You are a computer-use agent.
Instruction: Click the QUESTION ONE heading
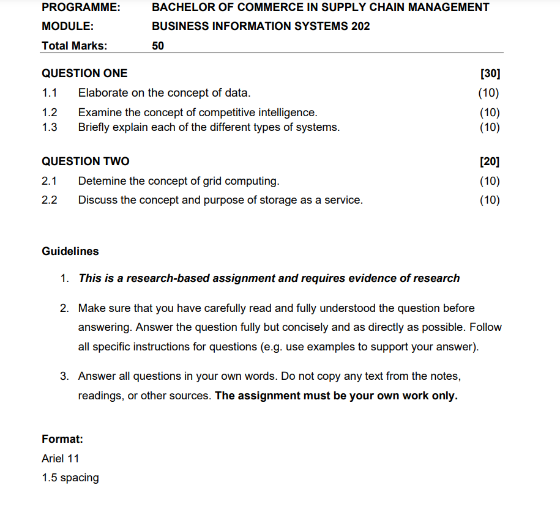(84, 73)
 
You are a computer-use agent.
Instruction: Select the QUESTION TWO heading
(85, 161)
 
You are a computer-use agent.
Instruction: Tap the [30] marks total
(490, 73)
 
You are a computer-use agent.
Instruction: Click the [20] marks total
(490, 161)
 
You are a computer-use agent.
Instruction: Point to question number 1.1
(50, 93)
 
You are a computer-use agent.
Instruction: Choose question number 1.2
(50, 113)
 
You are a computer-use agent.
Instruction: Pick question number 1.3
(50, 127)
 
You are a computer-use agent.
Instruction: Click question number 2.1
(50, 181)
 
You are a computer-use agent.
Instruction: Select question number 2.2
(50, 200)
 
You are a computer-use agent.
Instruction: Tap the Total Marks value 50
(158, 45)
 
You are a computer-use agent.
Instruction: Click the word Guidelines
(70, 251)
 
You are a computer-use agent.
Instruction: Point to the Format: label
(62, 439)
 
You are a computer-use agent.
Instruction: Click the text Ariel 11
(60, 458)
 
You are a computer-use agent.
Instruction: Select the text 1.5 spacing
(70, 478)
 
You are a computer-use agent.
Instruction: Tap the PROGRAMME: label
(81, 7)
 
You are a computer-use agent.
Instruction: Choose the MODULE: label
(67, 26)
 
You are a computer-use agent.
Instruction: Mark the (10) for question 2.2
(489, 200)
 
